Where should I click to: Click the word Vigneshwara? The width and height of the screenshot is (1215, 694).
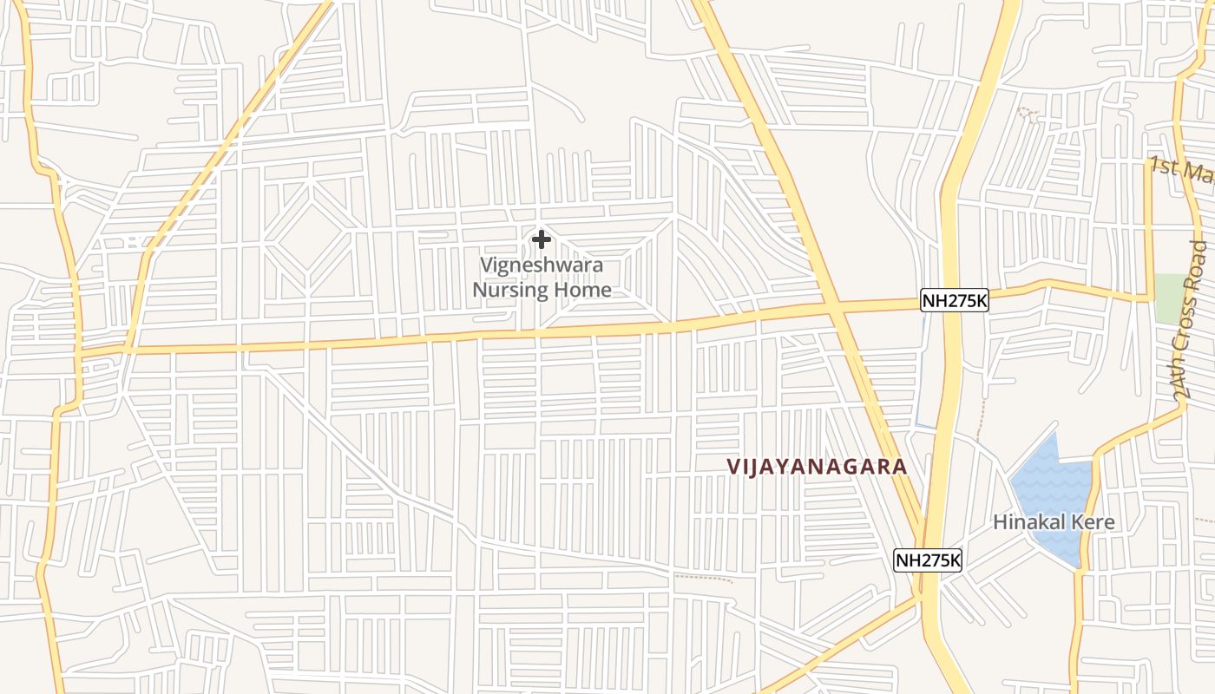click(x=542, y=265)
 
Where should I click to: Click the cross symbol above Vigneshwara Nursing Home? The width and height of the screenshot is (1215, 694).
click(x=542, y=239)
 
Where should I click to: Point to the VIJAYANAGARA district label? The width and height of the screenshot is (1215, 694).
click(x=817, y=467)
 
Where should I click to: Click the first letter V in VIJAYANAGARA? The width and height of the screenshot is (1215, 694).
click(x=733, y=467)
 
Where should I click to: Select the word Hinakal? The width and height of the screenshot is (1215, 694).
click(x=1027, y=523)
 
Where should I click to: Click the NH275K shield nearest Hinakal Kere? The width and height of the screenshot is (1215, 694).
click(x=928, y=560)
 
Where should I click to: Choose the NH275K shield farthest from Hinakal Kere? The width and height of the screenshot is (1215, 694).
click(x=955, y=301)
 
